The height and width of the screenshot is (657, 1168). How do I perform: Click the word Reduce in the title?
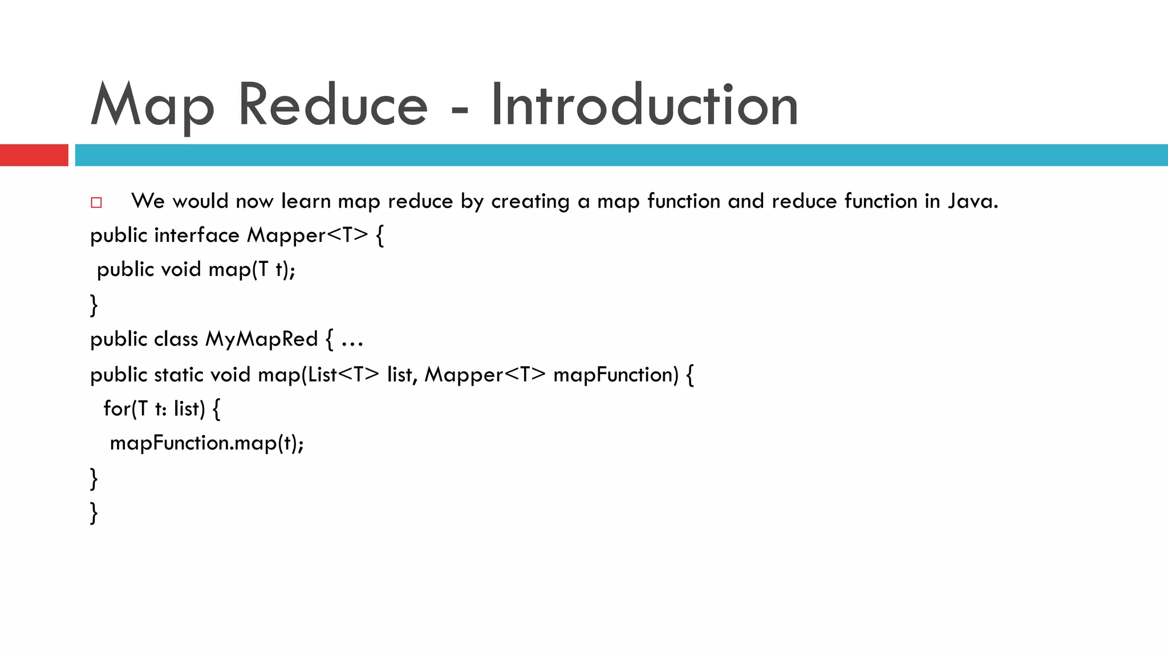(x=332, y=105)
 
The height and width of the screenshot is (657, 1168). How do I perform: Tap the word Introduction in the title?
(x=644, y=105)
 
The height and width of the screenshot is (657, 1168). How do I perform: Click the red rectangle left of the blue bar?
(x=34, y=155)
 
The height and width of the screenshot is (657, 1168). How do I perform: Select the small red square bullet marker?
(x=96, y=202)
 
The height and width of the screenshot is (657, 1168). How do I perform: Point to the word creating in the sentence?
(x=530, y=201)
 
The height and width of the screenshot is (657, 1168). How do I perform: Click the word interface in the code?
(x=197, y=235)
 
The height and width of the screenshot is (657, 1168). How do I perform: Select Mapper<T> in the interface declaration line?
(x=307, y=235)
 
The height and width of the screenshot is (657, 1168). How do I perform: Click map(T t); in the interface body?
(x=252, y=269)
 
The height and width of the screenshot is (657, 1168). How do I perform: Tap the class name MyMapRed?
(x=261, y=339)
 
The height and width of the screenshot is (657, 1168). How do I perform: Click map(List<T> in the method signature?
(x=318, y=374)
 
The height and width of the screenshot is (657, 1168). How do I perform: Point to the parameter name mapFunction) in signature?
(x=616, y=374)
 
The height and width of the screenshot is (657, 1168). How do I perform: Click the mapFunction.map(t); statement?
(x=206, y=443)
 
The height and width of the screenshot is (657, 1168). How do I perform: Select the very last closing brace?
(x=94, y=512)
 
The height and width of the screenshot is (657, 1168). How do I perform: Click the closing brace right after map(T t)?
(x=94, y=305)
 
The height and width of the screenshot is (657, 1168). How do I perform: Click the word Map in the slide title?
(x=152, y=105)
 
